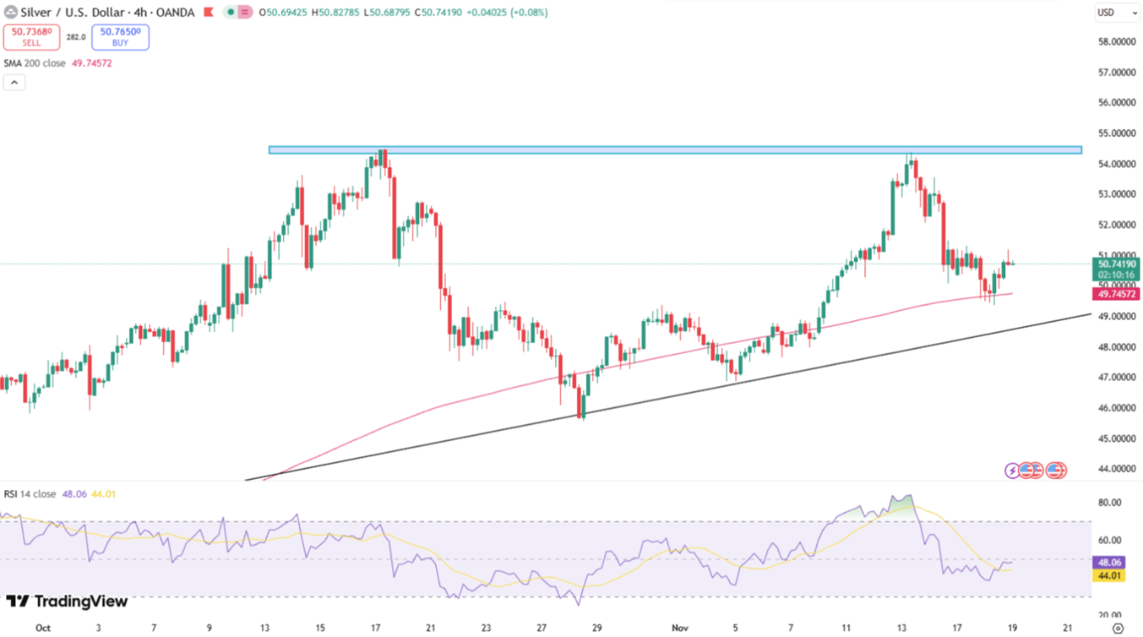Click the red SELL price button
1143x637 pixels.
point(31,36)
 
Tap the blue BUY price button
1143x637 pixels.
point(120,36)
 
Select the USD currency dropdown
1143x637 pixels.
point(1117,13)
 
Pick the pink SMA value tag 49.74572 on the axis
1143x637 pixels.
point(1117,294)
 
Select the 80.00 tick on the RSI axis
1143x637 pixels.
point(1110,503)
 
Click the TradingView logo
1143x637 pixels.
point(68,602)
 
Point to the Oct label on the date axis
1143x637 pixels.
point(43,628)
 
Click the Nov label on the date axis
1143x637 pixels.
point(680,628)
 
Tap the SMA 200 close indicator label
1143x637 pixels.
point(35,63)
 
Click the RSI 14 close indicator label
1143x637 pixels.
point(30,494)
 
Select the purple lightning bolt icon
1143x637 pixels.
point(1012,471)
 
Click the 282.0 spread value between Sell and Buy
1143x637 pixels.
point(76,37)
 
